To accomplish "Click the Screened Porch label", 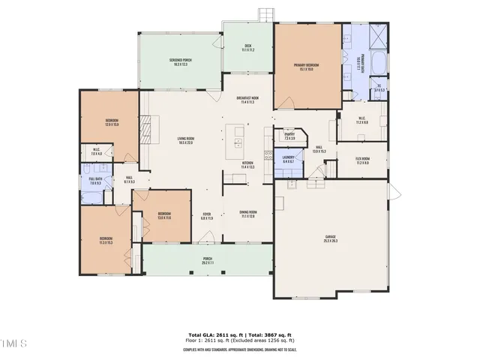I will [x=180, y=61].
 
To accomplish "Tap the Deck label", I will [x=248, y=48].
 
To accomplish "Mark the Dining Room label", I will [x=248, y=214].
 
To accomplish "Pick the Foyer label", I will [x=206, y=216].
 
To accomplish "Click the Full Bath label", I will [x=95, y=181].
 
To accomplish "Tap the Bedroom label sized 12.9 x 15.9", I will [x=111, y=122].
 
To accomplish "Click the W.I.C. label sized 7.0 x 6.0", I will [x=96, y=152].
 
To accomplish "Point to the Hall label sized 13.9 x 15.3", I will [x=319, y=149].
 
